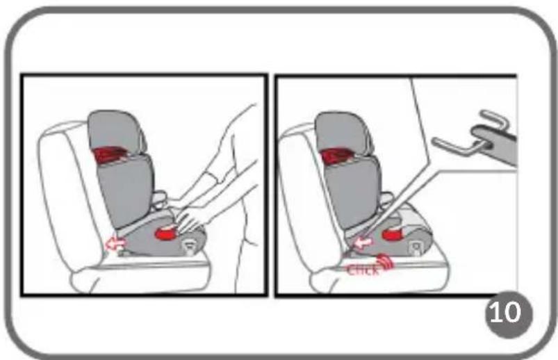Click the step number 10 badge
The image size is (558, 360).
[x=509, y=313]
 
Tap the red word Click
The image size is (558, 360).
[x=363, y=270]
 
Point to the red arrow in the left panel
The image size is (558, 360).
[x=116, y=244]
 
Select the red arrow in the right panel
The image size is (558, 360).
[x=363, y=243]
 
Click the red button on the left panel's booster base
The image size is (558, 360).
[x=166, y=233]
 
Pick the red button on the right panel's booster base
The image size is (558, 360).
[x=393, y=234]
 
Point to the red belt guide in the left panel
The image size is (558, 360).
[x=108, y=155]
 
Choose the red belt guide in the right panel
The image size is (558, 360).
[x=336, y=156]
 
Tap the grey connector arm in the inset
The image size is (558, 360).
[x=495, y=142]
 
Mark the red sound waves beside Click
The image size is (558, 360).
[x=386, y=261]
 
